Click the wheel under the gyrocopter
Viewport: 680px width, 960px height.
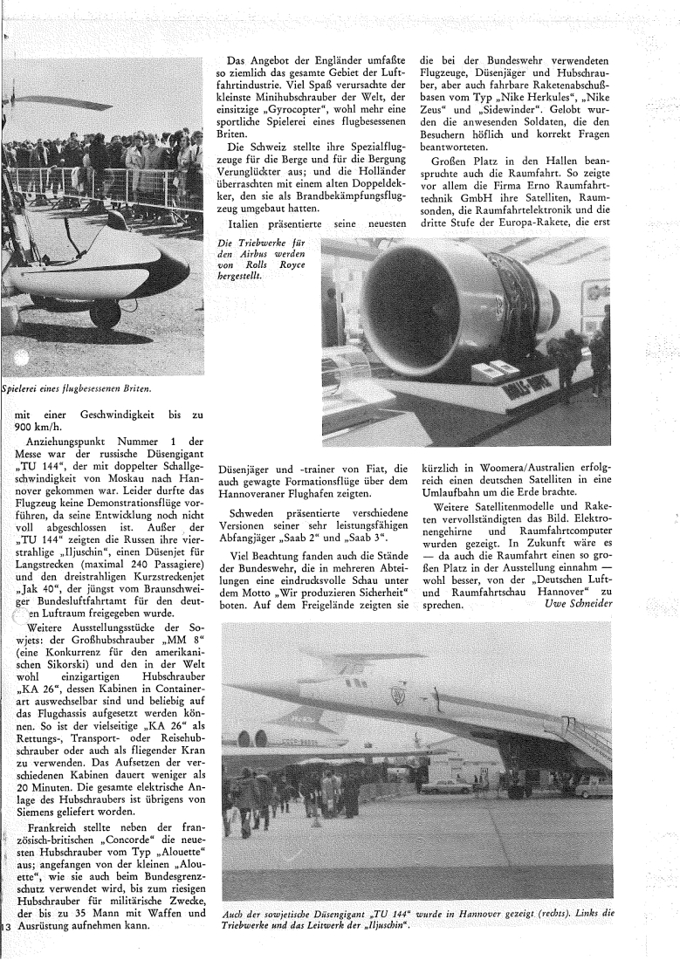[104, 312]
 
